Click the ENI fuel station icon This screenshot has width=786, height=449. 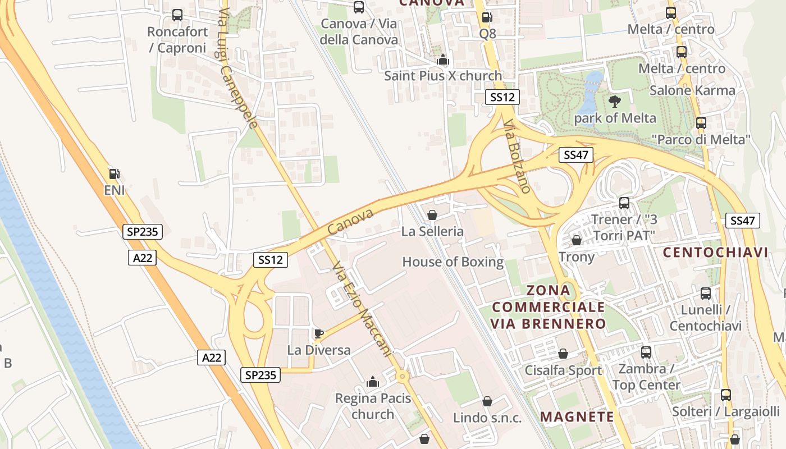pos(114,175)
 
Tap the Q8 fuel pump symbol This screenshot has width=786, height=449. pos(487,18)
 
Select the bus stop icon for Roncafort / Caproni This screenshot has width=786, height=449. pos(177,15)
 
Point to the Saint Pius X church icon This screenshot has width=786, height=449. pos(443,59)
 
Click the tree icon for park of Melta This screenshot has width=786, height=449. pos(615,102)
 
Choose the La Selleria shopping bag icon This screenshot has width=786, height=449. pos(432,215)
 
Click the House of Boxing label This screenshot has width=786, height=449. pos(453,262)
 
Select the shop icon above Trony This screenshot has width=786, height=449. pos(576,240)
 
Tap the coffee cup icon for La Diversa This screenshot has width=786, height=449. pos(319,334)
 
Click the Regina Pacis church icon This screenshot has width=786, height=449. pos(373,383)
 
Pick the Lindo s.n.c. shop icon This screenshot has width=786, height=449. pos(487,401)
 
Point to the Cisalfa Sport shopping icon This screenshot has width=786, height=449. pos(563,354)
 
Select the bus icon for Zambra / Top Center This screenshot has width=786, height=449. pos(646,352)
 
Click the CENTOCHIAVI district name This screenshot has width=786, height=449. pos(715,252)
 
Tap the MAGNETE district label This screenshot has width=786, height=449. pos(577,416)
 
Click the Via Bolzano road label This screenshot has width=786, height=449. pos(517,156)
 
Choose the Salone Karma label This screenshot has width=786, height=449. pos(692,90)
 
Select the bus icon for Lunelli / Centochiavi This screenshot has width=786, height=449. pos(706,294)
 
